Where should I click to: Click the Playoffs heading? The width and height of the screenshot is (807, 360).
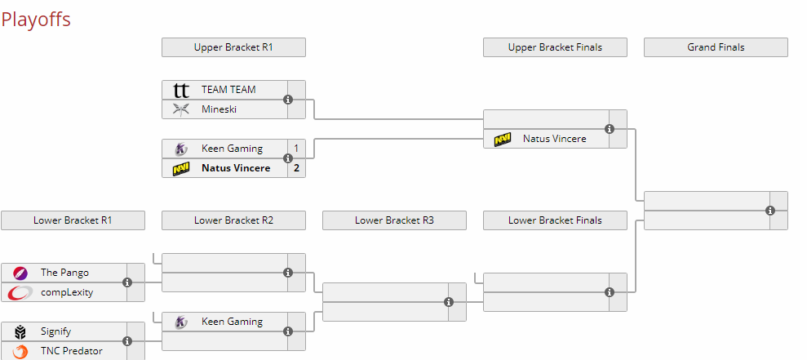coord(36,20)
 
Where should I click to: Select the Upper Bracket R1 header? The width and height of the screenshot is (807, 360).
coord(233,47)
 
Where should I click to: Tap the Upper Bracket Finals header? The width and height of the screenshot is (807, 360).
coord(556,47)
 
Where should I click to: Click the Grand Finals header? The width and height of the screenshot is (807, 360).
coord(716,47)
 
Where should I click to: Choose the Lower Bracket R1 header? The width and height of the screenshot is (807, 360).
coord(73,220)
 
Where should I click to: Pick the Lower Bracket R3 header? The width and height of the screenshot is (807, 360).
coord(394,220)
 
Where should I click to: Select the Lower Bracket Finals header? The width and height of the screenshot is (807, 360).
coord(556,220)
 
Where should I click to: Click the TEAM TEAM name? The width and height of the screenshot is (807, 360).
coord(228,90)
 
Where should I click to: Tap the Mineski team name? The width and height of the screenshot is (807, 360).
coord(219,109)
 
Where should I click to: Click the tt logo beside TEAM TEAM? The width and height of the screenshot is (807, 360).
coord(181,90)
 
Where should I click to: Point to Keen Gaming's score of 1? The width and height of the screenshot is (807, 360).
coord(296,149)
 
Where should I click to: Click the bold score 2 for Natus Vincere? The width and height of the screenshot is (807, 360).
coord(296,168)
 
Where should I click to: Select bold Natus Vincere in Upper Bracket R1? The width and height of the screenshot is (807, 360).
coord(236,168)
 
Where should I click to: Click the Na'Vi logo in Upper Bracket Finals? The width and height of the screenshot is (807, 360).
coord(503,139)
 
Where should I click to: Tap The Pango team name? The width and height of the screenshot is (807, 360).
coord(64,273)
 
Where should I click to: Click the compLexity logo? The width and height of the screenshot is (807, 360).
coord(20,292)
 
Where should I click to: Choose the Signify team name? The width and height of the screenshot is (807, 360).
coord(56,331)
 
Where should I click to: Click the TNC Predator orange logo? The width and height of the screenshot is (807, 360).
coord(20,351)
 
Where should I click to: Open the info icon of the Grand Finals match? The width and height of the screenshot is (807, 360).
coord(770,211)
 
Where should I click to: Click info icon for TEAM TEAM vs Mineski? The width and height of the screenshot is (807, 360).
coord(288,100)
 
